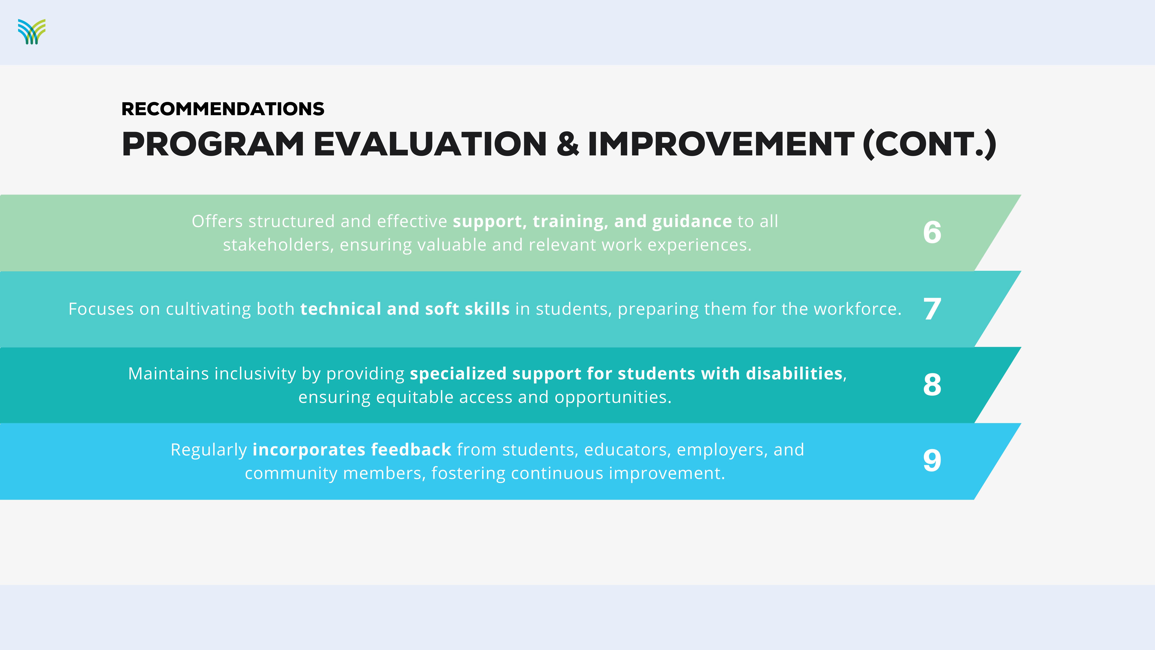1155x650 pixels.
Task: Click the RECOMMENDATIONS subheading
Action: point(223,109)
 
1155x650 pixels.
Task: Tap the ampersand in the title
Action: point(568,144)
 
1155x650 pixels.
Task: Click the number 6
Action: point(932,232)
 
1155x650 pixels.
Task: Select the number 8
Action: point(932,384)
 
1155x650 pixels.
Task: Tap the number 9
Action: point(932,461)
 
